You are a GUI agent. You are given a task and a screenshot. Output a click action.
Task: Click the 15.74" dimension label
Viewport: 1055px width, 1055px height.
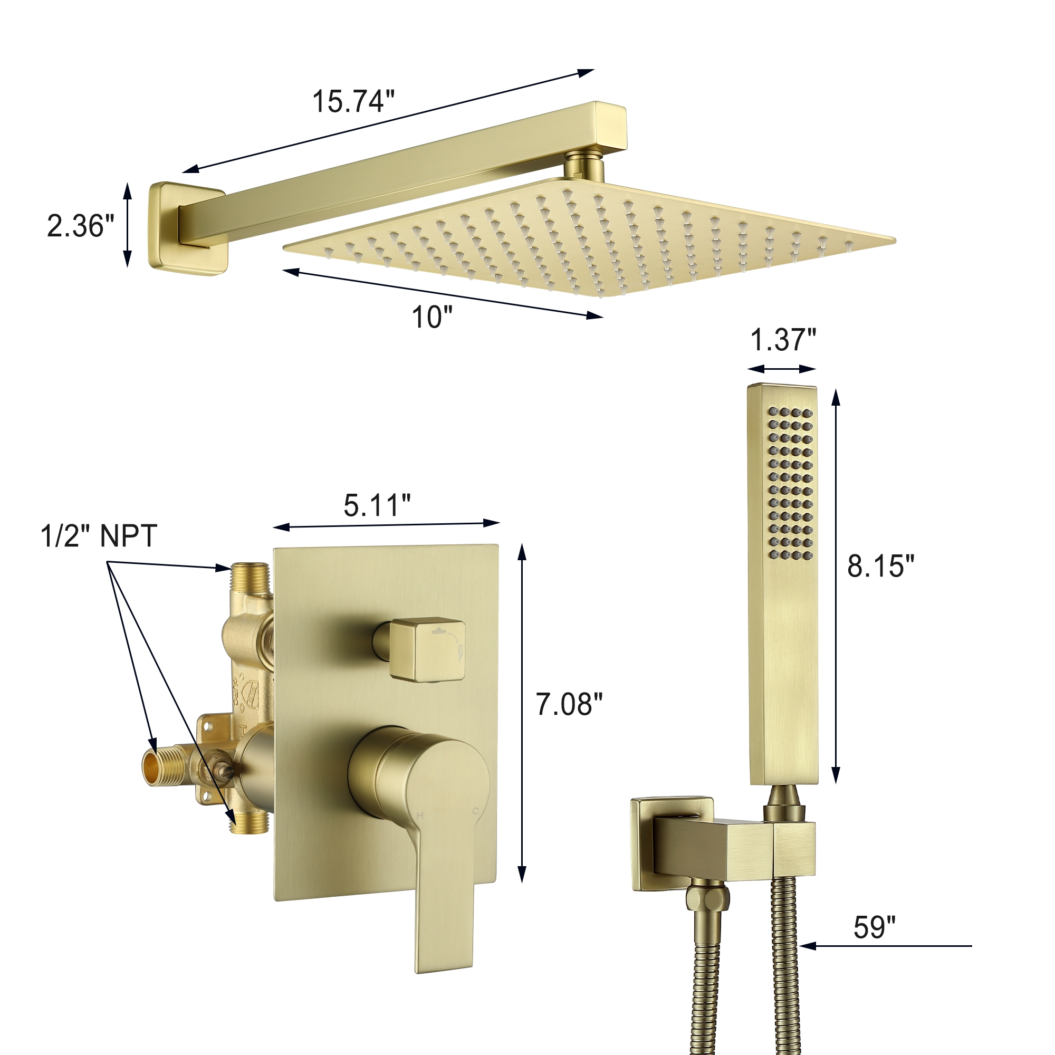click(353, 102)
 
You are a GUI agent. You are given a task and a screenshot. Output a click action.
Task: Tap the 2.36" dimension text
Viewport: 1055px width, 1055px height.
click(81, 226)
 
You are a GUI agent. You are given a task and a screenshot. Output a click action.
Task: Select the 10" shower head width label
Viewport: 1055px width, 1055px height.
click(432, 318)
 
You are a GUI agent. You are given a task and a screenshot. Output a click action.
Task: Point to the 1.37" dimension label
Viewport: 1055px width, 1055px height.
click(783, 340)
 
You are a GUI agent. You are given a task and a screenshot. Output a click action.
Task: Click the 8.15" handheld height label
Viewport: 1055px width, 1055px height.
click(880, 566)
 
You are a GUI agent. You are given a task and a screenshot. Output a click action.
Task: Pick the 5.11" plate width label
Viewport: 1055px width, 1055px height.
click(377, 505)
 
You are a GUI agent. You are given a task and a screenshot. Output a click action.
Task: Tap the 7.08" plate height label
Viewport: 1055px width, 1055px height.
click(569, 704)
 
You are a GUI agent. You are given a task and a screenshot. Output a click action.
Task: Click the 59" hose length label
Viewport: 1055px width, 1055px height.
click(874, 928)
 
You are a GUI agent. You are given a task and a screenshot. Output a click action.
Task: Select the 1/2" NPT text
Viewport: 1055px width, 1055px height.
click(99, 536)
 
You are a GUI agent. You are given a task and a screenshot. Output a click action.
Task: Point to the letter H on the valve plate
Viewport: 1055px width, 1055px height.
click(420, 816)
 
